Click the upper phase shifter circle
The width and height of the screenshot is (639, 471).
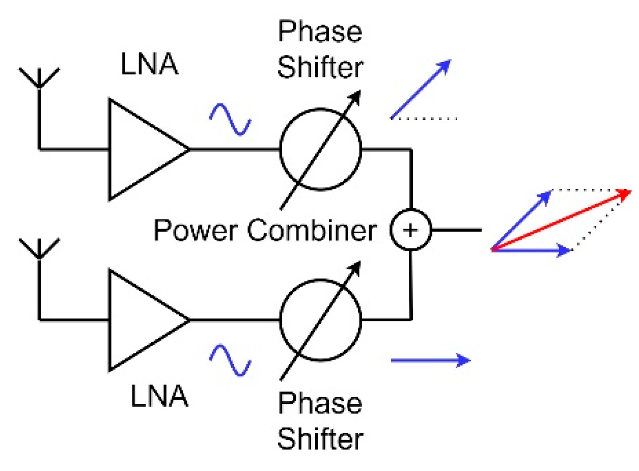320,149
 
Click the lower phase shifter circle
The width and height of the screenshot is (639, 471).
320,320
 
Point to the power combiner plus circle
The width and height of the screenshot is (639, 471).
410,230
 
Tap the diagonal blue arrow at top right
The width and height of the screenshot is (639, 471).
421,90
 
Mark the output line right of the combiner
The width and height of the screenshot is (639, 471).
456,230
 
